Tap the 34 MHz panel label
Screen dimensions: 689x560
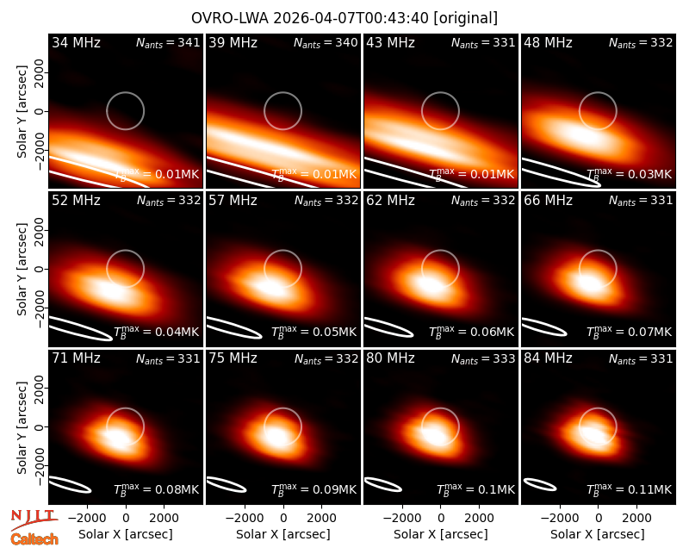click(76, 42)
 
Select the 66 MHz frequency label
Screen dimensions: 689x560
click(548, 201)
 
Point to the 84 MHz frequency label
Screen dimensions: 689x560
click(548, 358)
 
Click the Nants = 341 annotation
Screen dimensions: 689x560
click(168, 42)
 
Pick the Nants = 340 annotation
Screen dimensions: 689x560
click(326, 42)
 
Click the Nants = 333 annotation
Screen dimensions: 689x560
click(483, 358)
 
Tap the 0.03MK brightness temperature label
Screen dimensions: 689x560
click(630, 174)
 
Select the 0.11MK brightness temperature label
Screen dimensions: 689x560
click(630, 489)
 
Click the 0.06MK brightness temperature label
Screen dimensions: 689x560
click(471, 332)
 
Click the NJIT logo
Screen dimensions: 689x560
click(34, 520)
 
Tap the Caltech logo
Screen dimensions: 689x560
click(34, 539)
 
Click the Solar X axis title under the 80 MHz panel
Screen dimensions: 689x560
click(441, 534)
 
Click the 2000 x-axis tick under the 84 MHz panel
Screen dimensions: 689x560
click(636, 518)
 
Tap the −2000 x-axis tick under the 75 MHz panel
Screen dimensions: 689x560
click(245, 518)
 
